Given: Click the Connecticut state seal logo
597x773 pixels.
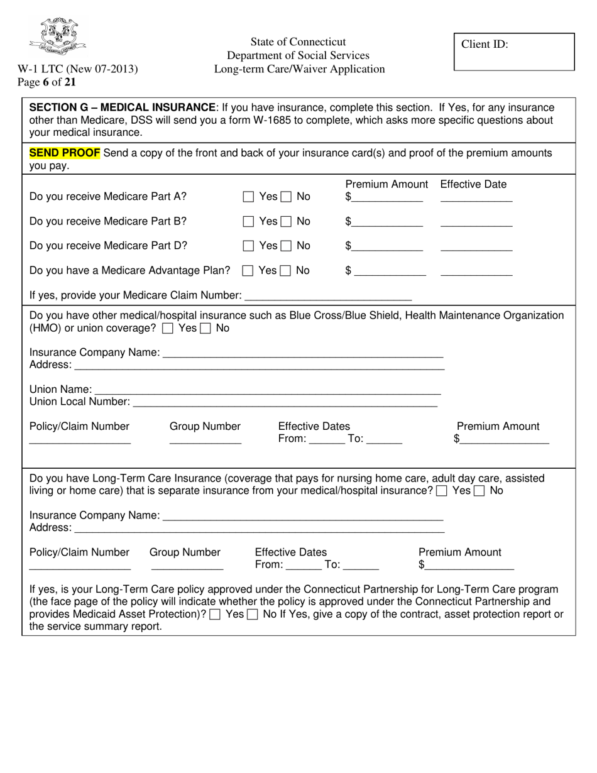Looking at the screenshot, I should pyautogui.click(x=57, y=36).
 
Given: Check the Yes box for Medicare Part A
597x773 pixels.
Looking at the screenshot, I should pyautogui.click(x=248, y=197).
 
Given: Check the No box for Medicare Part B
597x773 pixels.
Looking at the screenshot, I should pyautogui.click(x=286, y=221).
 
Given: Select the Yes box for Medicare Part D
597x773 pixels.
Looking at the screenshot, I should pyautogui.click(x=248, y=246).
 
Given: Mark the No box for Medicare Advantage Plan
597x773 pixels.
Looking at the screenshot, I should pyautogui.click(x=285, y=271).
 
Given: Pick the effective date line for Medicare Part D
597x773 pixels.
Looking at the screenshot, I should pyautogui.click(x=476, y=246).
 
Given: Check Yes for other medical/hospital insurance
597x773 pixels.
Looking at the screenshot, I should pyautogui.click(x=168, y=329).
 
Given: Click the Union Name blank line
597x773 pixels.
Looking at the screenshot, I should pyautogui.click(x=267, y=390).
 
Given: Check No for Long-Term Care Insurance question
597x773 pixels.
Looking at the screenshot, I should pyautogui.click(x=479, y=491).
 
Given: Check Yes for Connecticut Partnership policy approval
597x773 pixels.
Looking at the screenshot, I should pyautogui.click(x=215, y=615).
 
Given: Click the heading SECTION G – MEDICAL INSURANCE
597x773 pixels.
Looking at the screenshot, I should pyautogui.click(x=122, y=107).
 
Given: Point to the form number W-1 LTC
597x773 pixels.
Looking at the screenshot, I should pyautogui.click(x=77, y=69).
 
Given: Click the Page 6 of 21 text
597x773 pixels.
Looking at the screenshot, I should pyautogui.click(x=47, y=82).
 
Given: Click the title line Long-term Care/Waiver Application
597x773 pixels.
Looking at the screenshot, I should pyautogui.click(x=299, y=69).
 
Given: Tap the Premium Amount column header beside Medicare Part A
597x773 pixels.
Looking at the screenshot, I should pyautogui.click(x=386, y=184).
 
